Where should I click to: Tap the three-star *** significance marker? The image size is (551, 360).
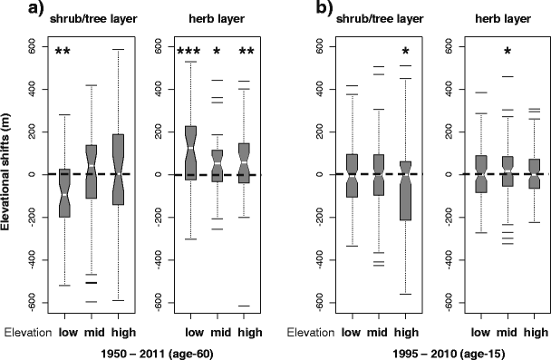coord(189,52)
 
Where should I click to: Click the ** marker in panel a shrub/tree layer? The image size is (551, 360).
coord(63,52)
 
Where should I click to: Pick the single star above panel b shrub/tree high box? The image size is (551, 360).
coord(406,52)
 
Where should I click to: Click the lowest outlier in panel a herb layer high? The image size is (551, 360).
coord(245,306)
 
